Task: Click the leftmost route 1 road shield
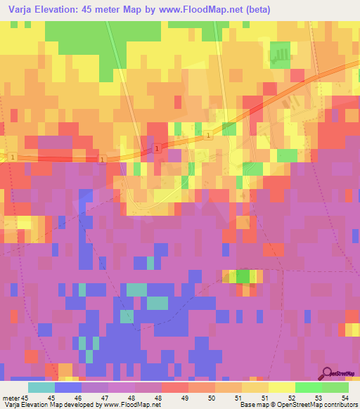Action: click(13, 157)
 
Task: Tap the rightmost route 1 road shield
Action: click(209, 136)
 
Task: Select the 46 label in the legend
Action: click(79, 397)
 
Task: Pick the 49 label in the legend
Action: click(185, 397)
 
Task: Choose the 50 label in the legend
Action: click(212, 397)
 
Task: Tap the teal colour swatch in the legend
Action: click(41, 387)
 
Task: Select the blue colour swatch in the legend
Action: click(67, 387)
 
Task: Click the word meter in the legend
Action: click(12, 397)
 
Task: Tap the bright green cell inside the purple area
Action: click(243, 276)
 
